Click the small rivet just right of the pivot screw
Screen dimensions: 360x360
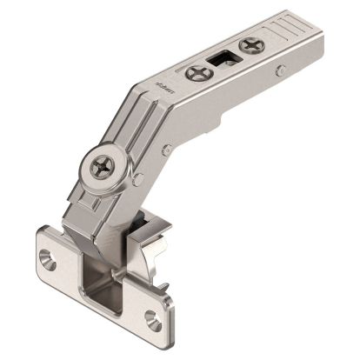click(x=139, y=179)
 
